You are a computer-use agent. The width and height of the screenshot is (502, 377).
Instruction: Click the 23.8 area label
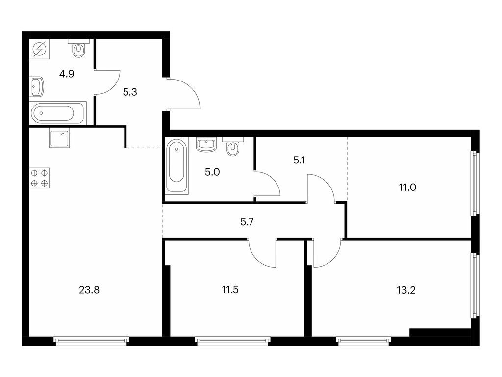pos(89,290)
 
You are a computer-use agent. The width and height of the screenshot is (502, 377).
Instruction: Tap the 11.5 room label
pos(230,290)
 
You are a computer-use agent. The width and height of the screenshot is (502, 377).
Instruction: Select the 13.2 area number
pos(406,290)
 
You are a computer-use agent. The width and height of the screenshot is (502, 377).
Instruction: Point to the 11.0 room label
pos(407,187)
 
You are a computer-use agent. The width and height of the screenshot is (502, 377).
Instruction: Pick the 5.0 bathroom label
pos(212,172)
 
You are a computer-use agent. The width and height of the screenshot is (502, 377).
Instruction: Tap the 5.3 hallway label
pos(129,92)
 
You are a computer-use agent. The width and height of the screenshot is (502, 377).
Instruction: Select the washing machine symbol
pos(40,50)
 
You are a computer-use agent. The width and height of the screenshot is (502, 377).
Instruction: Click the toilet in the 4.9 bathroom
pos(78,48)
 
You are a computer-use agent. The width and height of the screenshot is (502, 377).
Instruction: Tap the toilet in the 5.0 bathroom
pos(233,147)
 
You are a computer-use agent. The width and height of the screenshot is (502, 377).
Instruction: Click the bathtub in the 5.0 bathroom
pos(176,166)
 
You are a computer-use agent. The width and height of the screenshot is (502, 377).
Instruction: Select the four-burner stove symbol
pos(40,178)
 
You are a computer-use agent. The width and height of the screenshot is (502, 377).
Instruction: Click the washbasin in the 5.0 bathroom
pos(207,145)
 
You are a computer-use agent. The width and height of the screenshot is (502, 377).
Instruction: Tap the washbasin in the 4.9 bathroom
pos(37,87)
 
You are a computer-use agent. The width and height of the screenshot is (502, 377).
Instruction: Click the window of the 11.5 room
pos(233,340)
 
